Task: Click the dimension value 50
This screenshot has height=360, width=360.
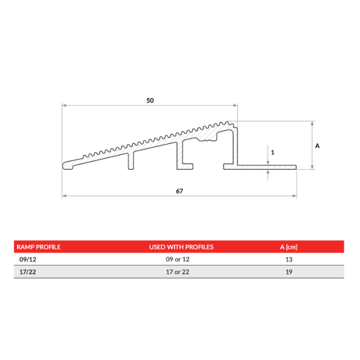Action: coord(150,101)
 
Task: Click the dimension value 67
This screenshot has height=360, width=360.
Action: coord(179,191)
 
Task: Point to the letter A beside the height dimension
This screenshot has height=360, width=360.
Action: coord(317,146)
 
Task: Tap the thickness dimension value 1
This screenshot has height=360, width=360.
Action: coord(272,152)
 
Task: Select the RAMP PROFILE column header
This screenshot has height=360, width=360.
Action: coord(39,247)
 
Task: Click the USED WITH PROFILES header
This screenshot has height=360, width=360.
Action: coord(181,247)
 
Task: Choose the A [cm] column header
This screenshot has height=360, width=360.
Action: coord(289,247)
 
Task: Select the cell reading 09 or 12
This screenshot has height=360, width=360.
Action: coord(181,259)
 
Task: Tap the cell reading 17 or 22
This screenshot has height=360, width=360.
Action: coord(181,272)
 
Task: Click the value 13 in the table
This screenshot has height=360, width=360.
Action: coord(289,259)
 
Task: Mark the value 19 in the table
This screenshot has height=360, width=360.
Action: coord(289,272)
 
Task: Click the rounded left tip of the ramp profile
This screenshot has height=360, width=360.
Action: coord(65,165)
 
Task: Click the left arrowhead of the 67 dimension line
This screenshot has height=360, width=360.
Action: coord(64,195)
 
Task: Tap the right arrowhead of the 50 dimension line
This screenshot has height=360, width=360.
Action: coord(236,105)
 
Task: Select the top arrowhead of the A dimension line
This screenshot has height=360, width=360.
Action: coord(312,123)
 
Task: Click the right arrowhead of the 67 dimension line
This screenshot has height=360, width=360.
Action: coord(295,195)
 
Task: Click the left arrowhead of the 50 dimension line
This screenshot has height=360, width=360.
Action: coord(64,105)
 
